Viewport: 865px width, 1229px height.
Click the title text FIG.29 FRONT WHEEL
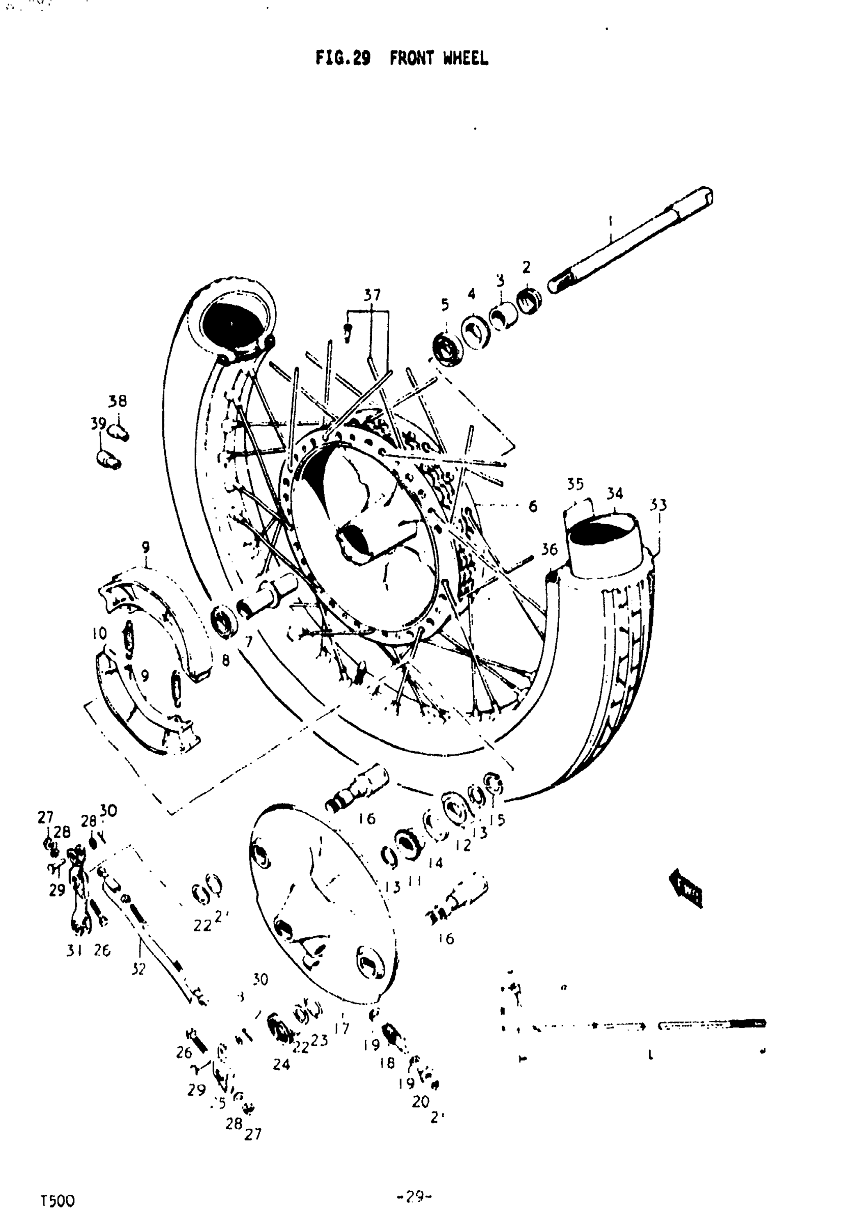click(x=401, y=58)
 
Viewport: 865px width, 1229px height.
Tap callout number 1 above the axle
click(x=611, y=219)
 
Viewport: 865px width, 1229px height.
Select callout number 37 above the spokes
click(x=372, y=296)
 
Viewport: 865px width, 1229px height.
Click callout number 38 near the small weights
click(x=118, y=401)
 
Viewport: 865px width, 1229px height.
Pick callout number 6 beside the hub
click(x=533, y=506)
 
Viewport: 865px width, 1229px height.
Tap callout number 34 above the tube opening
click(x=615, y=494)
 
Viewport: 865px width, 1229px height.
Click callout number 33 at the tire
click(x=658, y=505)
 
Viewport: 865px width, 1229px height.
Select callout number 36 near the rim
click(x=549, y=549)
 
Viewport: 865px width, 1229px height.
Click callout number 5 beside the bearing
click(x=445, y=305)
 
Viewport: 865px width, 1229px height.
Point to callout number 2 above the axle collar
click(x=526, y=267)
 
